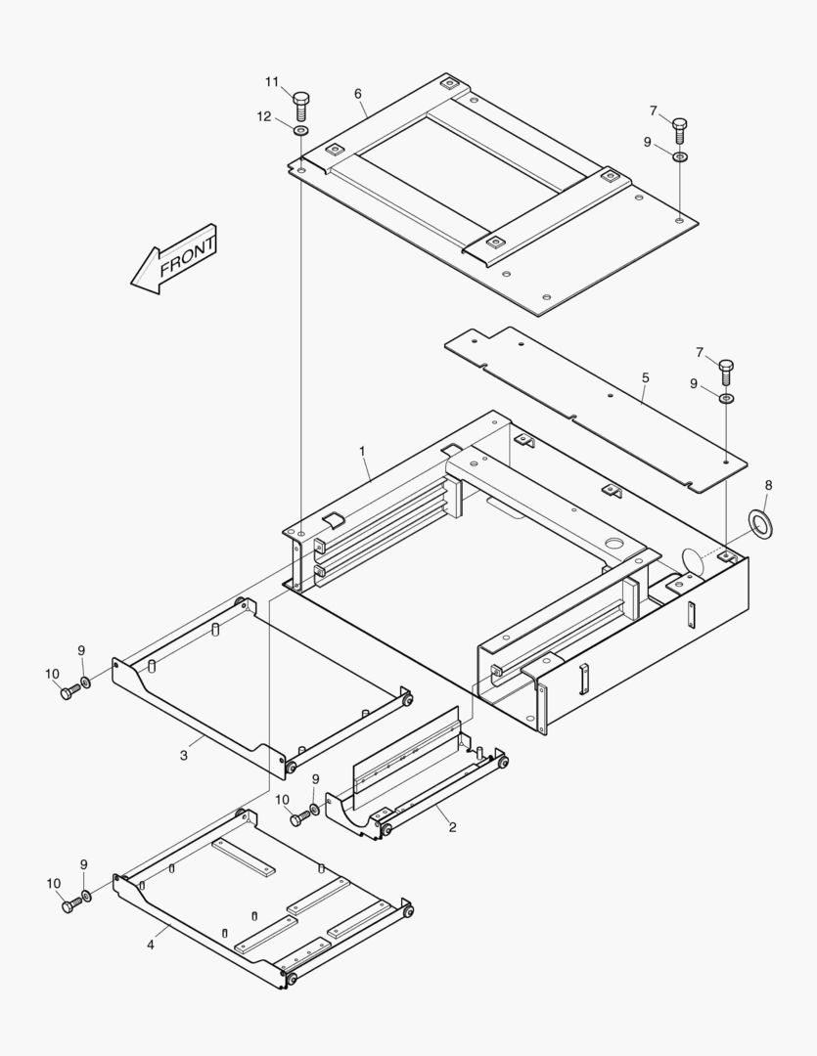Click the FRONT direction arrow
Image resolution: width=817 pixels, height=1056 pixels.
[x=174, y=260]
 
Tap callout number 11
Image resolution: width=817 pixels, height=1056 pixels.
[x=271, y=81]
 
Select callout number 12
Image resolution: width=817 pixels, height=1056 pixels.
[x=264, y=116]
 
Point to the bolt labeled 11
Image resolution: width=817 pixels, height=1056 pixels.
[x=300, y=103]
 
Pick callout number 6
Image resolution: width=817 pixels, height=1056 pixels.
[x=358, y=94]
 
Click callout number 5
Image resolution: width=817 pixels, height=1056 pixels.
[x=645, y=376]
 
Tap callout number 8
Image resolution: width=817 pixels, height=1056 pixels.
[x=768, y=484]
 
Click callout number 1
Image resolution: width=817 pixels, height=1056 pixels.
[x=362, y=451]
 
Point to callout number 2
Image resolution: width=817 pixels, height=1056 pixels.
[x=452, y=827]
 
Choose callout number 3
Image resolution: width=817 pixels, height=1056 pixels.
[x=183, y=755]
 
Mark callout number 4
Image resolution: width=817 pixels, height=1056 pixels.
[x=151, y=945]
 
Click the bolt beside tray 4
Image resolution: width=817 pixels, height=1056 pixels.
[x=68, y=905]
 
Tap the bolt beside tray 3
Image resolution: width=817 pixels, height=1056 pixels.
[x=68, y=692]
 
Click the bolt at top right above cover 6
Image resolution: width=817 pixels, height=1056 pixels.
[x=681, y=128]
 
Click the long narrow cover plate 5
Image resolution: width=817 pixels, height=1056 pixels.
[x=597, y=411]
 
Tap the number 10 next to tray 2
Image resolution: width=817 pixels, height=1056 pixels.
[x=283, y=799]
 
